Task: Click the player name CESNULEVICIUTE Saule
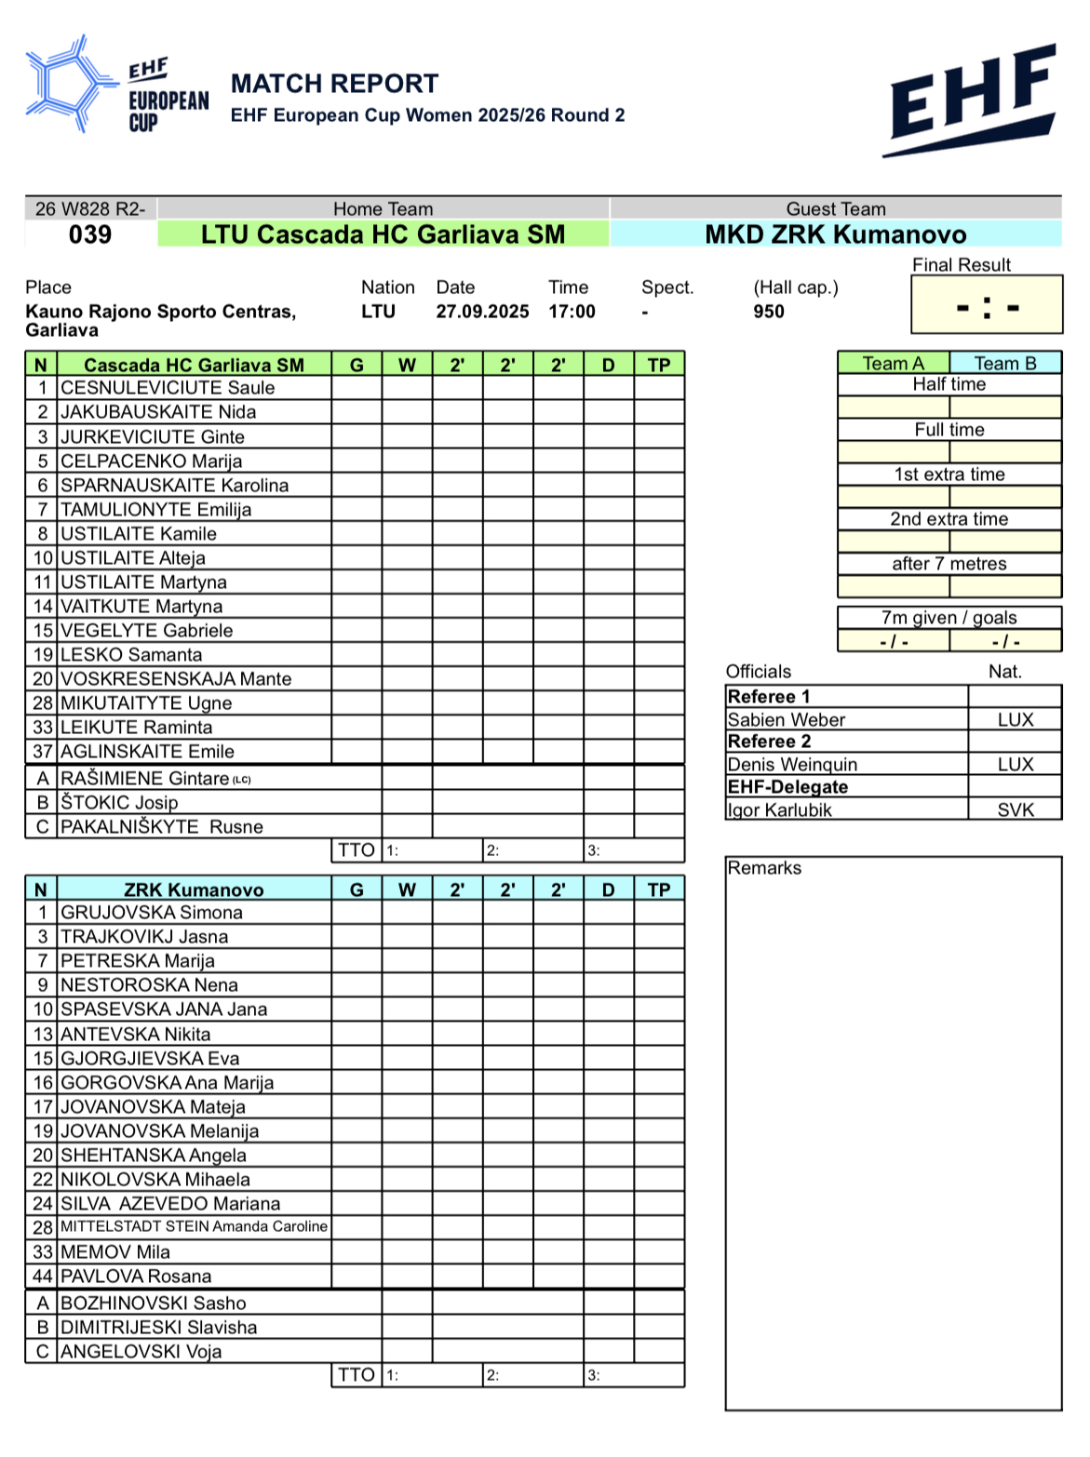pos(168,388)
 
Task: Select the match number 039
pos(90,234)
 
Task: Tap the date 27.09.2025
pos(482,312)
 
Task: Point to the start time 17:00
pos(572,312)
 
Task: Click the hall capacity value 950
pos(769,312)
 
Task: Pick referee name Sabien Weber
pos(787,719)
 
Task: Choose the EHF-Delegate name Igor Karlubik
pos(780,809)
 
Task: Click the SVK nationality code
pos(1016,809)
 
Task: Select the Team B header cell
pos(1005,363)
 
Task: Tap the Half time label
pos(949,384)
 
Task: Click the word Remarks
pos(764,868)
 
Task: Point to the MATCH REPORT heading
pos(334,84)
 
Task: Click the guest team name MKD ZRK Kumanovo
pos(836,234)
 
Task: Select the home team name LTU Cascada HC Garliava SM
pos(384,234)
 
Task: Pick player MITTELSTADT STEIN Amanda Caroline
pos(194,1226)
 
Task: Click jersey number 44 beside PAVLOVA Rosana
pos(43,1277)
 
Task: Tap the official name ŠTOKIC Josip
pos(119,803)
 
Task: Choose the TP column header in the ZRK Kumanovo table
pos(659,889)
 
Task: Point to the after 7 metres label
pos(949,564)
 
